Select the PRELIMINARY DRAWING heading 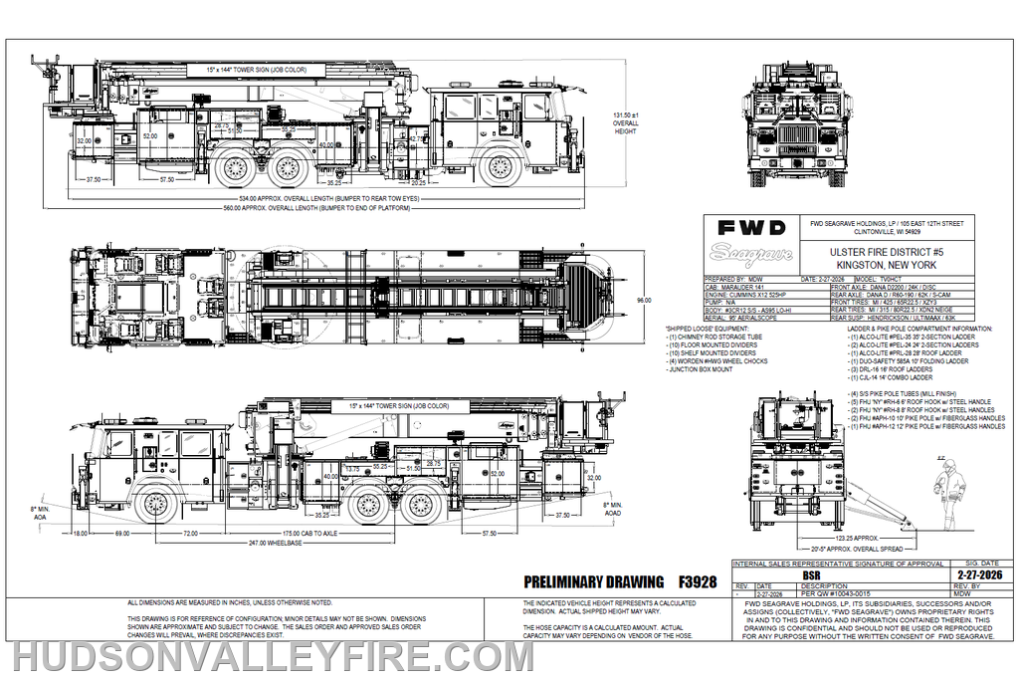(593, 581)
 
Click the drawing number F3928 (697, 581)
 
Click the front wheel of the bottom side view (155, 504)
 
